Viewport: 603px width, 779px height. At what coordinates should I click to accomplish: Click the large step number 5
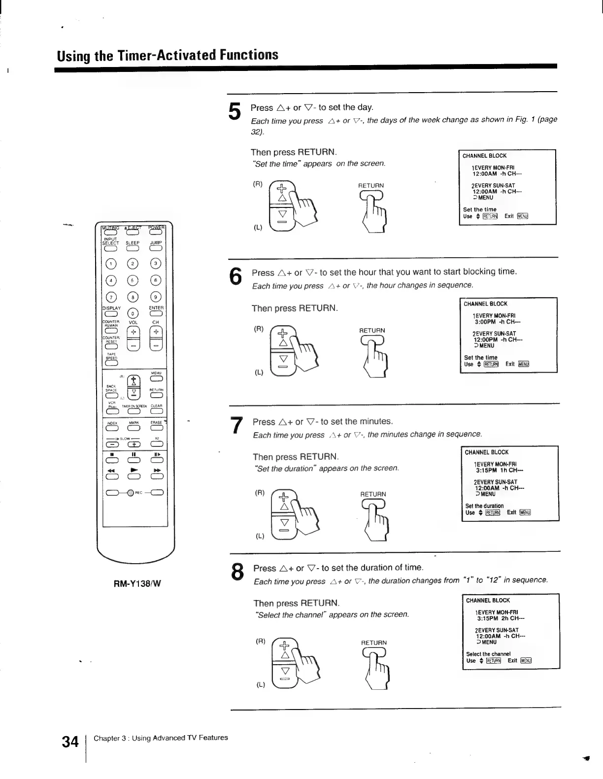click(x=235, y=111)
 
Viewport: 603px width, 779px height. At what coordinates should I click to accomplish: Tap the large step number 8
click(x=237, y=573)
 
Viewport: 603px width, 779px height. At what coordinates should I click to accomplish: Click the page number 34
click(x=70, y=742)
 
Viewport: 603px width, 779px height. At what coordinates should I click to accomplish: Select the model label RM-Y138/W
click(x=134, y=584)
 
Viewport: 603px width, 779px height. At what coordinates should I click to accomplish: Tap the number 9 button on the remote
click(x=156, y=297)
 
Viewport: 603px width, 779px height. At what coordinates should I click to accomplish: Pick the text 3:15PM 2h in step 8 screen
click(x=494, y=618)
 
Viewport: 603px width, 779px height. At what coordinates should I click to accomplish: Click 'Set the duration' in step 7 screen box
click(x=484, y=506)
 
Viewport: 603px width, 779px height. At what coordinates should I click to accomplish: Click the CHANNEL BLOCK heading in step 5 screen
click(x=485, y=156)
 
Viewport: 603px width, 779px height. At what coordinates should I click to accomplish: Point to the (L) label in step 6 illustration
click(x=259, y=373)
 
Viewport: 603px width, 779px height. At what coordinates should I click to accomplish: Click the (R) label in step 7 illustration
click(x=259, y=492)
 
